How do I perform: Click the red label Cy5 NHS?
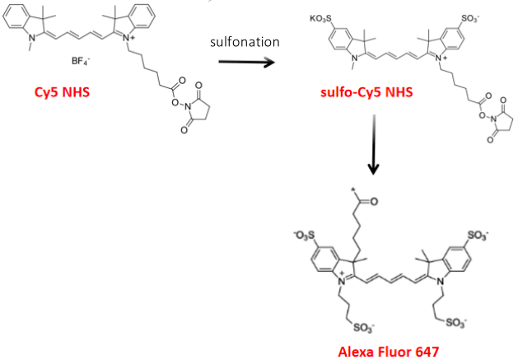(x=62, y=92)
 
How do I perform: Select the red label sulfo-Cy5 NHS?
(x=366, y=91)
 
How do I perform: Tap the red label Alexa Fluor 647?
(x=389, y=351)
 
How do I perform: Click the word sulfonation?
(x=245, y=42)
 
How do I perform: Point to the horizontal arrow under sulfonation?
(x=246, y=62)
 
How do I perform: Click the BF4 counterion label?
(x=81, y=61)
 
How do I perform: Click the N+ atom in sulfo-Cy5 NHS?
(x=441, y=58)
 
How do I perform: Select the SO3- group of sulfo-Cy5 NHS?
(x=470, y=19)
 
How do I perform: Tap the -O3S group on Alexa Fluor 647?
(x=304, y=236)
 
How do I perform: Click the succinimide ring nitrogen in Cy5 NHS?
(x=189, y=107)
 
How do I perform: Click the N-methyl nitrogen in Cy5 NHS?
(x=32, y=39)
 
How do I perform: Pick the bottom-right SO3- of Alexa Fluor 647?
(x=456, y=323)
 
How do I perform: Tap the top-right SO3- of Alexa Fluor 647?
(x=478, y=236)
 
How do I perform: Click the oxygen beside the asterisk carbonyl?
(x=373, y=201)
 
